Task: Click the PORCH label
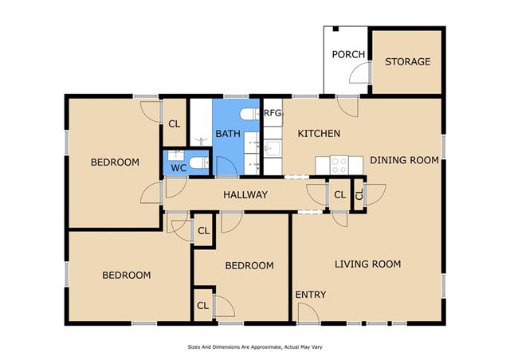pyautogui.click(x=348, y=54)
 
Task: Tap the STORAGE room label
pyautogui.click(x=407, y=61)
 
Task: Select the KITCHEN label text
pyautogui.click(x=319, y=133)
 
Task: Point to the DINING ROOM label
pyautogui.click(x=404, y=160)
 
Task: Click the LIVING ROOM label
pyautogui.click(x=367, y=264)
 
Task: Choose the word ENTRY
pyautogui.click(x=310, y=295)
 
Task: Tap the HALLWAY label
pyautogui.click(x=245, y=195)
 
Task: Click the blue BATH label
pyautogui.click(x=228, y=134)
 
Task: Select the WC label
pyautogui.click(x=178, y=168)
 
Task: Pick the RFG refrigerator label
pyautogui.click(x=273, y=113)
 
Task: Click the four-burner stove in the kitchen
pyautogui.click(x=339, y=165)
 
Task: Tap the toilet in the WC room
pyautogui.click(x=198, y=162)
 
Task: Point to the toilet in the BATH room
pyautogui.click(x=249, y=114)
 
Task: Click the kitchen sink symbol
pyautogui.click(x=273, y=149)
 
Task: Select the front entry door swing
pyautogui.click(x=308, y=313)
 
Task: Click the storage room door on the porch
pyautogui.click(x=360, y=72)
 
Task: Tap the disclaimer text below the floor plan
pyautogui.click(x=255, y=347)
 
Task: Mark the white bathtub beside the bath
pyautogui.click(x=201, y=123)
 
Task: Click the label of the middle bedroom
pyautogui.click(x=249, y=265)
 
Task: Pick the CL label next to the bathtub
pyautogui.click(x=174, y=124)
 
